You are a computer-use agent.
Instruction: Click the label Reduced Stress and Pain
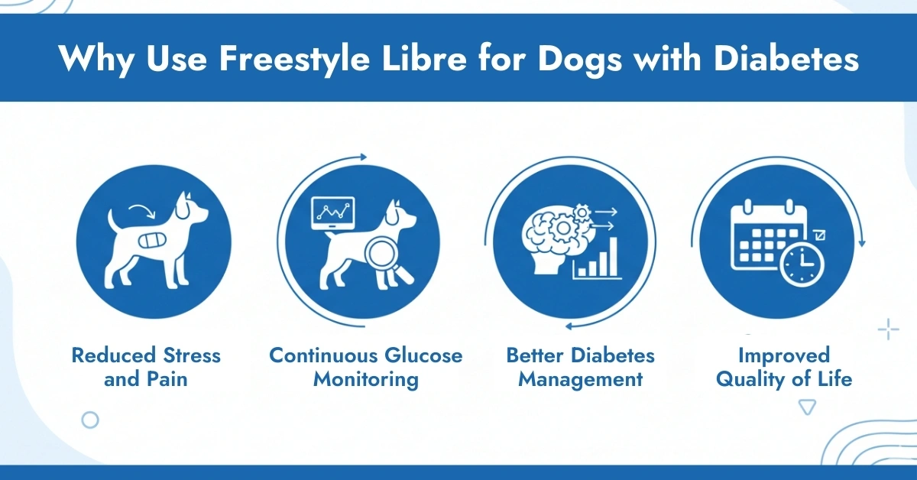point(146,367)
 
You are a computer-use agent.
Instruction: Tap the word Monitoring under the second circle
point(366,379)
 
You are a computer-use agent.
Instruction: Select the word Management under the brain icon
point(580,379)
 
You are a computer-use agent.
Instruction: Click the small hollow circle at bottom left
point(90,420)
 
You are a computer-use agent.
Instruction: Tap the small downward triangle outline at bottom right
point(806,407)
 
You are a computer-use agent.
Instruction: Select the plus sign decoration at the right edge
point(888,330)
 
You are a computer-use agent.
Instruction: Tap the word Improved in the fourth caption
point(783,355)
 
